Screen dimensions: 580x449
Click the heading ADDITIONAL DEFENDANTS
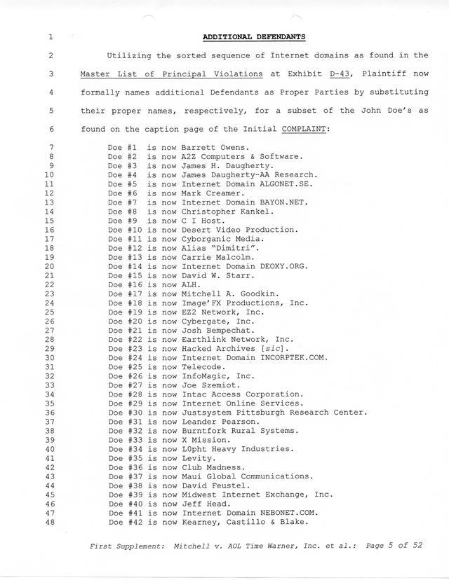[x=253, y=36]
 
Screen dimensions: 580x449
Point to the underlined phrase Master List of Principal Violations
[x=171, y=74]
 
